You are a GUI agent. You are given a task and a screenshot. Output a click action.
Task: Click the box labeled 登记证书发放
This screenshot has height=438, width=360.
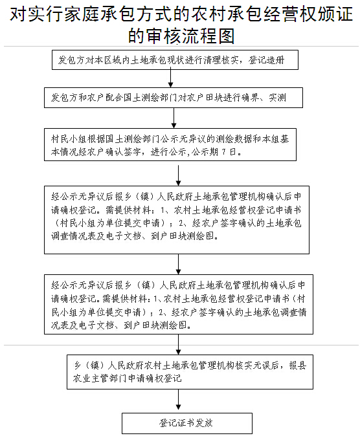[x=187, y=423]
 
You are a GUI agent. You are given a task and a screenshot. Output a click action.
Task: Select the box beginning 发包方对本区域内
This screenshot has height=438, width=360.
[x=175, y=60]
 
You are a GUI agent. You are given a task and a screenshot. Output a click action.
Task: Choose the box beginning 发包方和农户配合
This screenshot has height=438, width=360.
[x=174, y=98]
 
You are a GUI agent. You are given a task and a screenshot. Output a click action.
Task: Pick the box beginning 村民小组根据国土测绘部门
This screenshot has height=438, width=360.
[x=170, y=145]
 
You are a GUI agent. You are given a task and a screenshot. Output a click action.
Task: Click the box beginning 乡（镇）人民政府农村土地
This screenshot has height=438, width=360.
[x=190, y=372]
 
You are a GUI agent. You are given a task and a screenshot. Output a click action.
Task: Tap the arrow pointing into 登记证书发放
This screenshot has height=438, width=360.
[x=178, y=400]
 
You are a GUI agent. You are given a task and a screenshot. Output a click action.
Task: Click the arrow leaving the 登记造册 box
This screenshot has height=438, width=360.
[x=170, y=78]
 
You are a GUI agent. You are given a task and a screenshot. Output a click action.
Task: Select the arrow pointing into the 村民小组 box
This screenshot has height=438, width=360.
[x=174, y=118]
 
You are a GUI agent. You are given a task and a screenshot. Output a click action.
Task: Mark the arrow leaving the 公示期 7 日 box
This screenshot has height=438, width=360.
[x=178, y=175]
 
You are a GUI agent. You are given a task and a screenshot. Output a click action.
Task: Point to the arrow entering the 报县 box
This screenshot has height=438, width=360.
[x=178, y=344]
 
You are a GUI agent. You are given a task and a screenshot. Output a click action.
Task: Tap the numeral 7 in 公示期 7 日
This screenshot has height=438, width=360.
[x=223, y=152]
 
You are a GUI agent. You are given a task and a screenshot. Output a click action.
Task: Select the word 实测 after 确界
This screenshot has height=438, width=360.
[x=277, y=98]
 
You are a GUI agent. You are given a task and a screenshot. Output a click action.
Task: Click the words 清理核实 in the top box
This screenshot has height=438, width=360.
[x=221, y=60]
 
